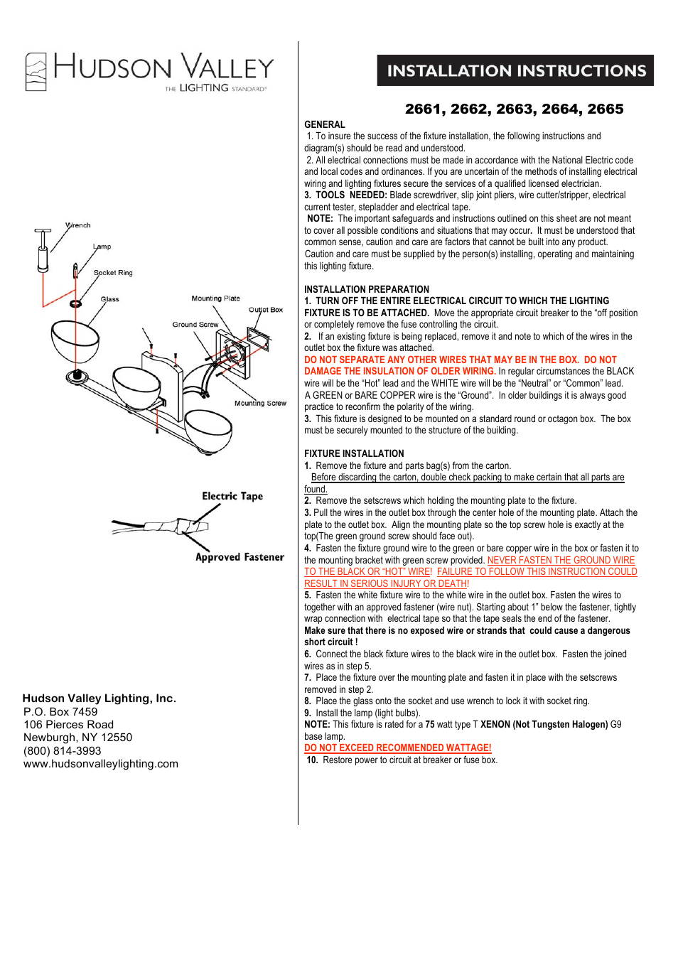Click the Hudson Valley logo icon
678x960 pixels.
(36, 72)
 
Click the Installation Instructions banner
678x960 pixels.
(515, 70)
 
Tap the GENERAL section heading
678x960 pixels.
(325, 124)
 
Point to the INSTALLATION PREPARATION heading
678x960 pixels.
(367, 289)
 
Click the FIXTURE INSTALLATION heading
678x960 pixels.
(354, 453)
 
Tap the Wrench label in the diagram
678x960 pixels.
(78, 225)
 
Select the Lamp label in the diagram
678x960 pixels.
(102, 247)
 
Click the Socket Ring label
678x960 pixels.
(113, 273)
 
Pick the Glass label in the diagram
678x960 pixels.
(110, 299)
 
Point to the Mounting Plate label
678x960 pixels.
(215, 298)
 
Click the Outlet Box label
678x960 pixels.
(266, 310)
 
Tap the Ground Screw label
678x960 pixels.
(195, 325)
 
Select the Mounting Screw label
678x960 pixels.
(260, 403)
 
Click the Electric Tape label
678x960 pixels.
(232, 496)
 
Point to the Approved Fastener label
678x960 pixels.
(240, 557)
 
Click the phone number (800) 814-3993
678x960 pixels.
(63, 750)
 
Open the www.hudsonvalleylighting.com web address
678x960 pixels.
(101, 764)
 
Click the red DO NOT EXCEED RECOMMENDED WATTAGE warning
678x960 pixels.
(397, 748)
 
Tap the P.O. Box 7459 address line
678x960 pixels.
(60, 711)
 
